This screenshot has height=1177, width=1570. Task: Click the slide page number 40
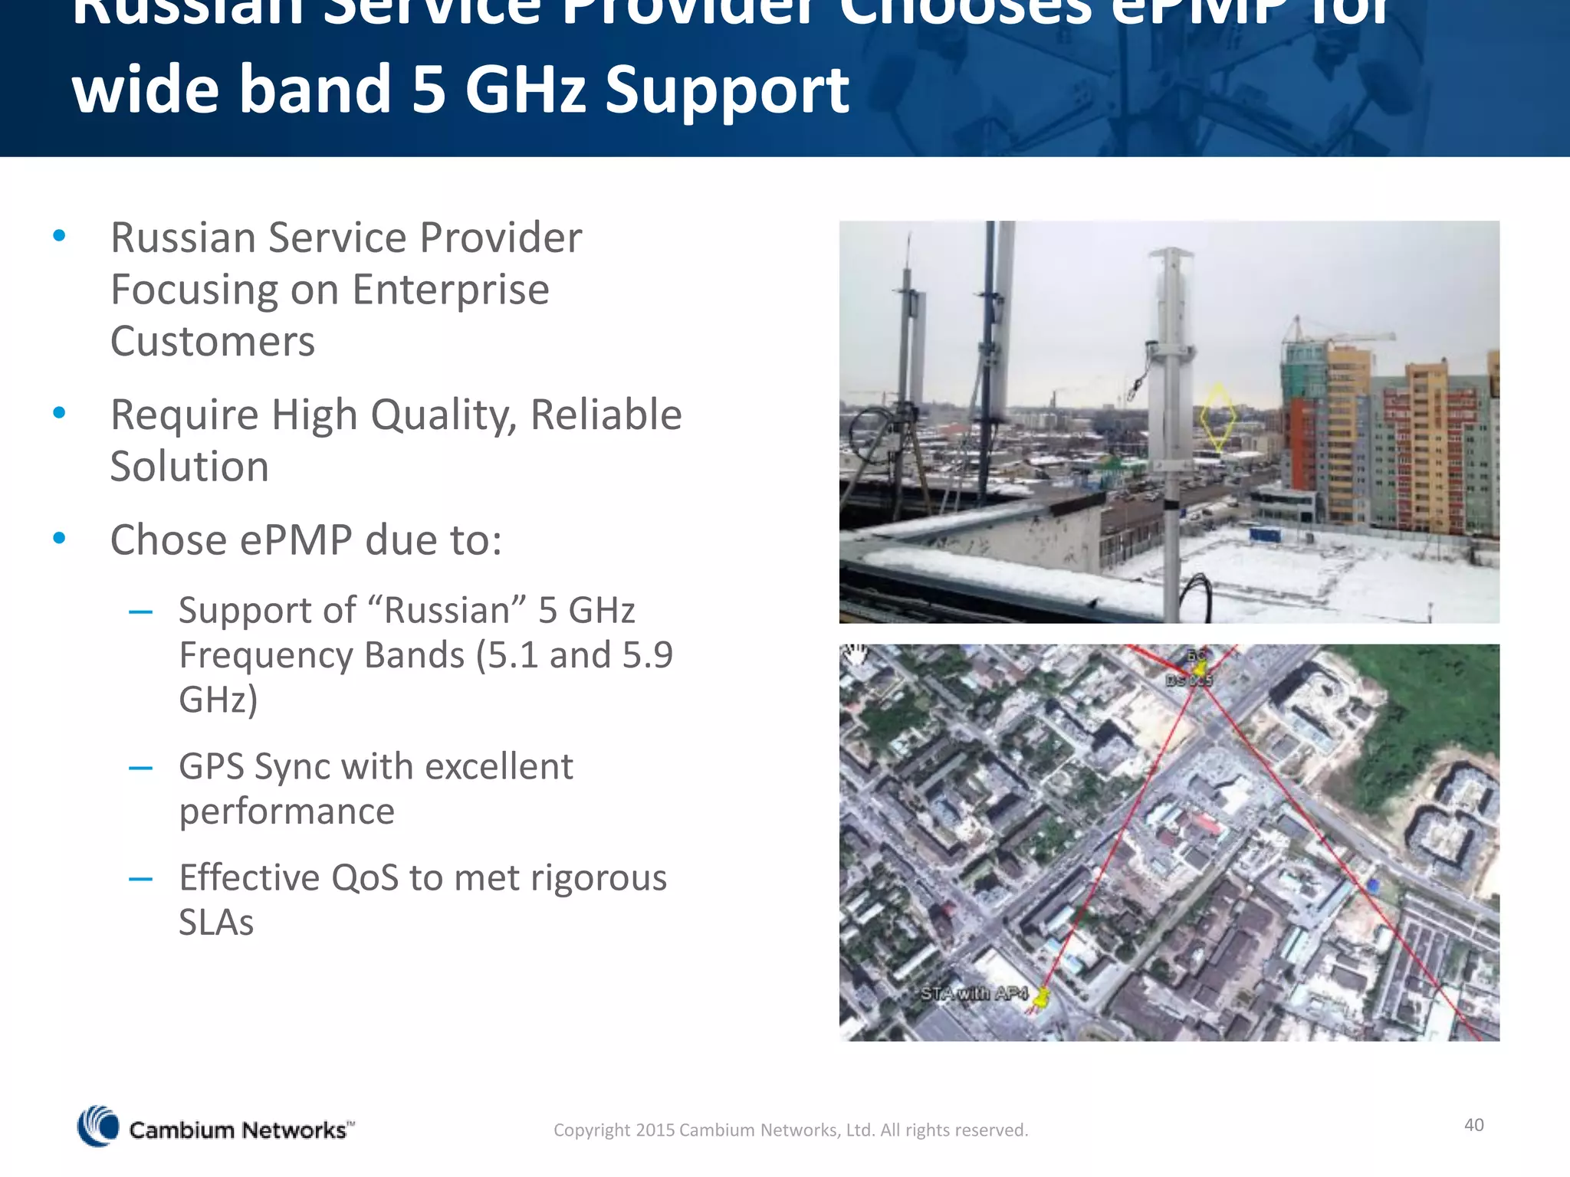pos(1473,1125)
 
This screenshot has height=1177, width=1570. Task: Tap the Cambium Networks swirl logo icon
pos(99,1126)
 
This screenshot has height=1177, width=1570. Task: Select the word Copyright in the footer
pos(591,1130)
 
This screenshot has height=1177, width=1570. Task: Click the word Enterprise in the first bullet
pos(450,290)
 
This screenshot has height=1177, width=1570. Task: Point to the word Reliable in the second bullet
pos(606,415)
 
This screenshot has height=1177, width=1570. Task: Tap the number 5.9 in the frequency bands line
pos(647,655)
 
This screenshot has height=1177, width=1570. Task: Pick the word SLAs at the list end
pos(216,922)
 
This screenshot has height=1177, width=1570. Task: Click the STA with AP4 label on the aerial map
pos(974,994)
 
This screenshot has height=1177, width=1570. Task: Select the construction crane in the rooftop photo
pos(1342,336)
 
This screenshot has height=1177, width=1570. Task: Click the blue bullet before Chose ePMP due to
pos(59,539)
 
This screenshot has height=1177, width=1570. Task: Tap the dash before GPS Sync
pos(140,768)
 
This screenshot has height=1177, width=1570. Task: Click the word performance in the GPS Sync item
pos(287,811)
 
